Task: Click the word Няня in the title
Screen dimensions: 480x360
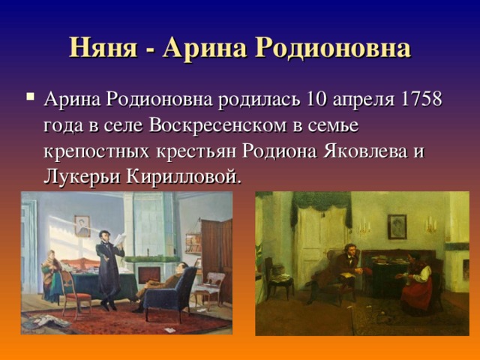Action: (x=103, y=48)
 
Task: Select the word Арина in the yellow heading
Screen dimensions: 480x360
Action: (x=205, y=48)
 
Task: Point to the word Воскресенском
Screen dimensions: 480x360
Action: (x=217, y=125)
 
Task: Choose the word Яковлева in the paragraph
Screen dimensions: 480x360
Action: (x=365, y=151)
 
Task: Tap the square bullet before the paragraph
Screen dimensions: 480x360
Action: (x=30, y=97)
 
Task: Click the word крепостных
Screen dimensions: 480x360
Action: (x=97, y=152)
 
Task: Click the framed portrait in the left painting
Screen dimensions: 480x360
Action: (x=82, y=226)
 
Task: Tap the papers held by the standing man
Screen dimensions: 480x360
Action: (x=120, y=240)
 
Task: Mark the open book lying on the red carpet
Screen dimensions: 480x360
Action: (x=46, y=322)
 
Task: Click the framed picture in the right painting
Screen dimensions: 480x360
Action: (x=397, y=226)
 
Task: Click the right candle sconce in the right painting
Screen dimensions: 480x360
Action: (x=430, y=225)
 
